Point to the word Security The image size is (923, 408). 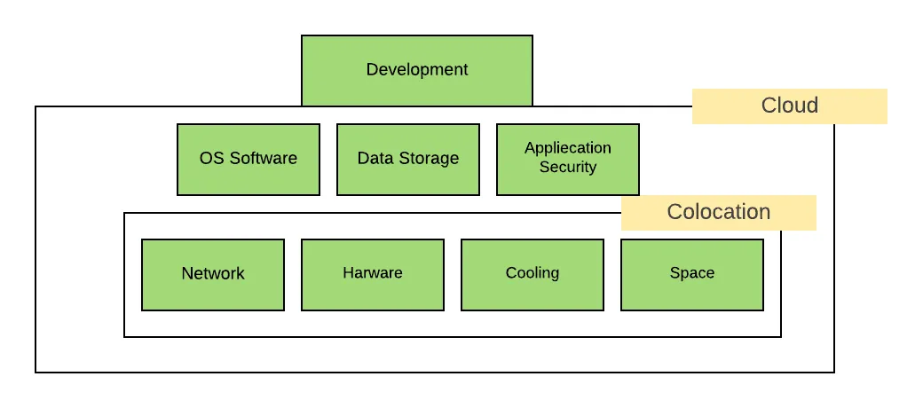click(x=568, y=167)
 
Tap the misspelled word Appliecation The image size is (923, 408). click(x=568, y=148)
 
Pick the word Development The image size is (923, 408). click(x=417, y=69)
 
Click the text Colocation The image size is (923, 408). click(x=719, y=212)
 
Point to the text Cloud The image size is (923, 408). click(x=790, y=106)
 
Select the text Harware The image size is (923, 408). click(x=373, y=272)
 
